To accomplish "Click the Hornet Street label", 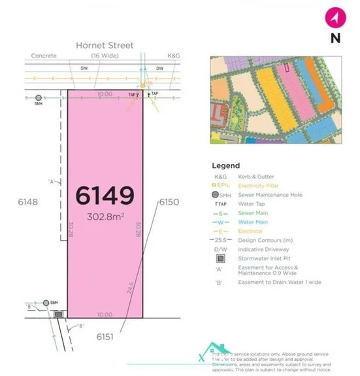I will pyautogui.click(x=105, y=45).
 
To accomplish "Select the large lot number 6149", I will pyautogui.click(x=105, y=196).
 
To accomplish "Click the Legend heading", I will pyautogui.click(x=225, y=165).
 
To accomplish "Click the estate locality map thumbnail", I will pyautogui.click(x=275, y=99).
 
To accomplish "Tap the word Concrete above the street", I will pyautogui.click(x=44, y=56).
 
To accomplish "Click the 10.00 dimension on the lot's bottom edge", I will pyautogui.click(x=105, y=313).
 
